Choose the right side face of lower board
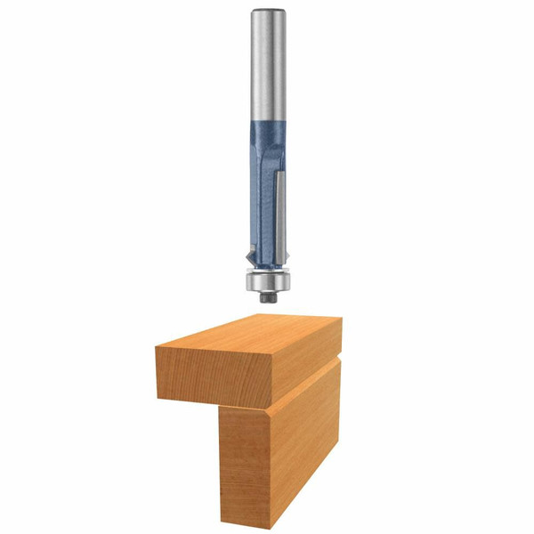coord(307,436)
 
